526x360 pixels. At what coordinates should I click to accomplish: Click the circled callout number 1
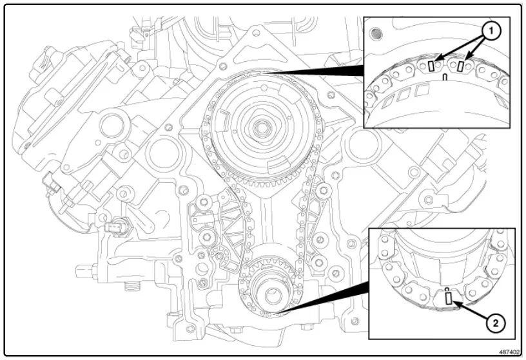[491, 30]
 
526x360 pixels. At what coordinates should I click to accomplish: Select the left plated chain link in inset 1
[431, 66]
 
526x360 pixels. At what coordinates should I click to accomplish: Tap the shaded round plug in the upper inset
[378, 32]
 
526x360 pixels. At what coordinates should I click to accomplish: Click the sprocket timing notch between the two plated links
[445, 77]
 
